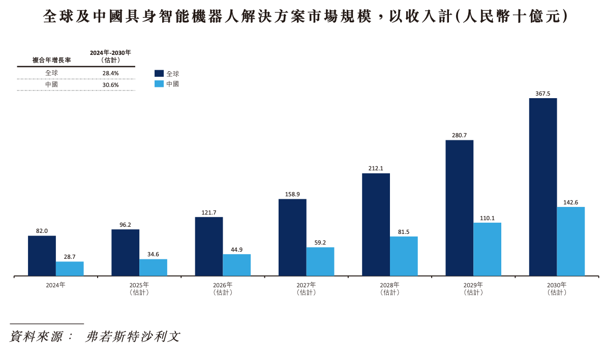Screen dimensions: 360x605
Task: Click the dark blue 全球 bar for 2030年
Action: [542, 187]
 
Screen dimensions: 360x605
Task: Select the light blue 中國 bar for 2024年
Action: [70, 268]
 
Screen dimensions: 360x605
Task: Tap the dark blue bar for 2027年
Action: [292, 237]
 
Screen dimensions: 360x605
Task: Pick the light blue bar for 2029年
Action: [487, 249]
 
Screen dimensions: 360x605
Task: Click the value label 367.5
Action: [542, 94]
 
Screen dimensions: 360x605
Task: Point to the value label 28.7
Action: [70, 257]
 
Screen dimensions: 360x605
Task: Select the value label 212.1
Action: [376, 168]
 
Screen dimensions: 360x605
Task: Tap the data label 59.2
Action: [320, 243]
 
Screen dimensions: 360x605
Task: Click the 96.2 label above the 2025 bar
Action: [125, 224]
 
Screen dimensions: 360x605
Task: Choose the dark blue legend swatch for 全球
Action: [159, 73]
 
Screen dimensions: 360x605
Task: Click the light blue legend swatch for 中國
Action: [159, 84]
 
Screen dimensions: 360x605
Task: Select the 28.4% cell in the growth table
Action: [110, 73]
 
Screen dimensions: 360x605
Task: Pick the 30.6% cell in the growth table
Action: [110, 85]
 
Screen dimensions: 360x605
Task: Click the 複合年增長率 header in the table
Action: [51, 60]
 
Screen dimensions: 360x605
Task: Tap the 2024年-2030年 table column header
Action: [110, 56]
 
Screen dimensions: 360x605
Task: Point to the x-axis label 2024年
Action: [55, 285]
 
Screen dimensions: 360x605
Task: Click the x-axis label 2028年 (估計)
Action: [389, 288]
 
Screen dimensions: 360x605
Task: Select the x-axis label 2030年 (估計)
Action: [557, 288]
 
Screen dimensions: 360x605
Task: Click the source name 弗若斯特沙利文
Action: [133, 337]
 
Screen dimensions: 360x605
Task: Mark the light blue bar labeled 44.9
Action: [236, 265]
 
